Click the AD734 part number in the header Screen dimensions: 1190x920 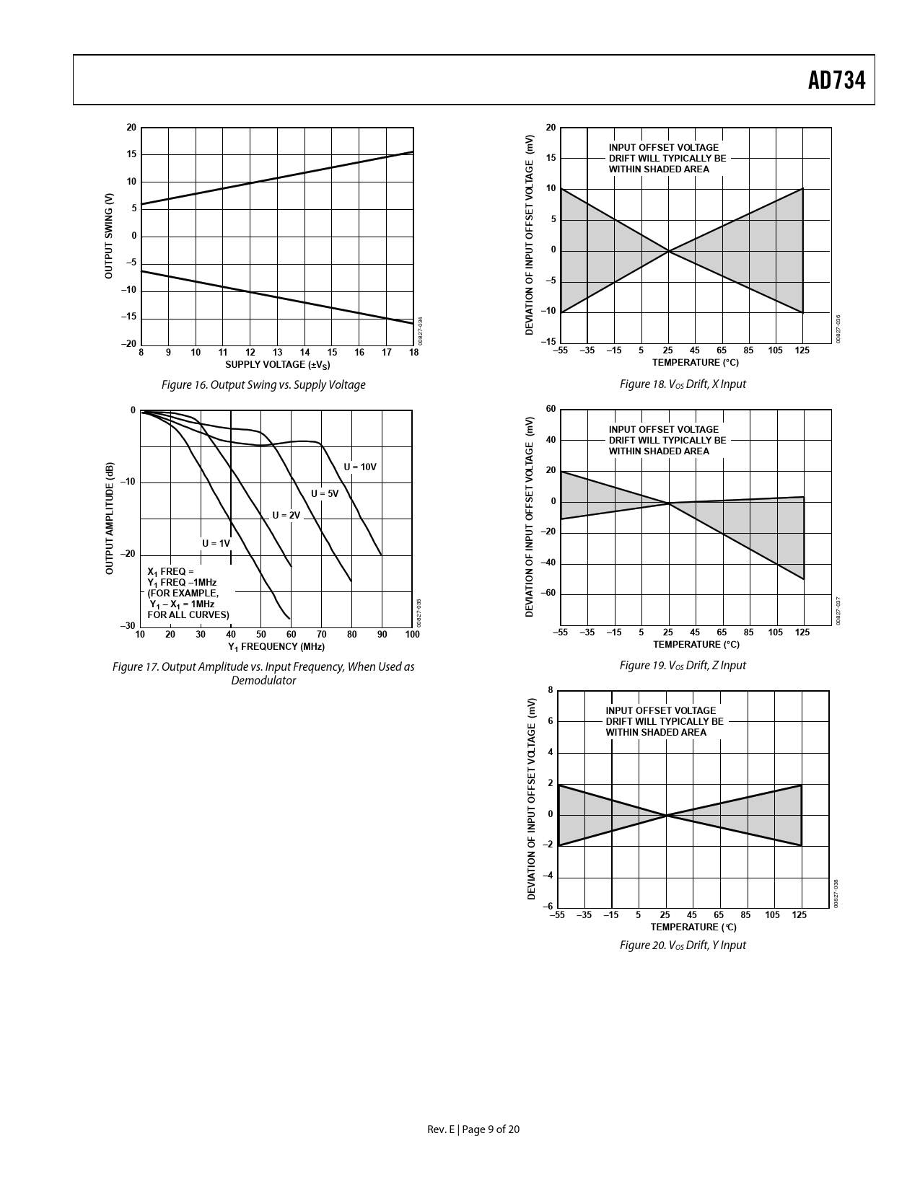(836, 81)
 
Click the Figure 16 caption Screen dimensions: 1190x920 (263, 385)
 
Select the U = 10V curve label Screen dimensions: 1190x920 (360, 467)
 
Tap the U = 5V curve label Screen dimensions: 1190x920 (325, 494)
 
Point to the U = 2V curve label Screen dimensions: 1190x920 (286, 516)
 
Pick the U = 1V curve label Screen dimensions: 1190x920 (216, 543)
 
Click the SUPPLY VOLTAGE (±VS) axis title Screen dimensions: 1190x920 (277, 365)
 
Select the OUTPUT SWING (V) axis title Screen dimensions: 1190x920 (109, 236)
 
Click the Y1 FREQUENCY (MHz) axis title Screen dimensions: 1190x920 (276, 647)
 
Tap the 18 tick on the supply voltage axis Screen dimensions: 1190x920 (413, 353)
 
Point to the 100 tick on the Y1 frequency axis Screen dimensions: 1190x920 (412, 635)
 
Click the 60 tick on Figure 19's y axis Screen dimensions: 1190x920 (551, 410)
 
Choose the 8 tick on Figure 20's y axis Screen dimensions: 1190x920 (550, 690)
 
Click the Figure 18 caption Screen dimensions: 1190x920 (683, 384)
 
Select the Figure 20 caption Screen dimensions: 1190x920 (683, 946)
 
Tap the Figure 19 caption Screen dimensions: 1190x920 (683, 666)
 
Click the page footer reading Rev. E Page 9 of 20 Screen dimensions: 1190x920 (473, 1129)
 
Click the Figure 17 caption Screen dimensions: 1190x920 (263, 674)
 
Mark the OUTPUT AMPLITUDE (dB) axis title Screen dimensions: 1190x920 (110, 518)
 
